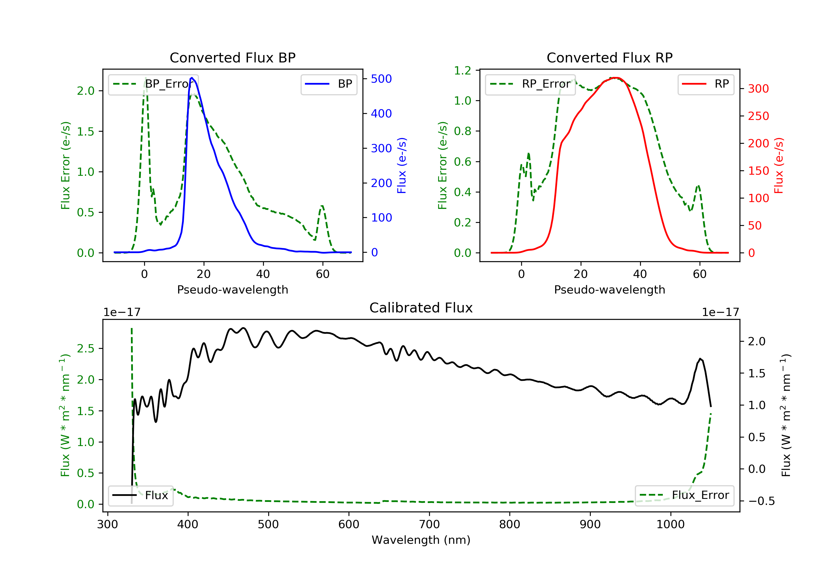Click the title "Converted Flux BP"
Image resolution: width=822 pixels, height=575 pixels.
point(232,58)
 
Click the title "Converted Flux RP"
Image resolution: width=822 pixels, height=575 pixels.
point(609,58)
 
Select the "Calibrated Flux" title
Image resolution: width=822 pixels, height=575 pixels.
point(421,308)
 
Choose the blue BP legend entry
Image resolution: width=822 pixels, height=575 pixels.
point(329,84)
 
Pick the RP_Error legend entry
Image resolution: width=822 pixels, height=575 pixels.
point(530,84)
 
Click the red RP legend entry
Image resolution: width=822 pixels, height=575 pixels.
point(706,84)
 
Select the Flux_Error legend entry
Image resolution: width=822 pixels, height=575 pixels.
point(684,495)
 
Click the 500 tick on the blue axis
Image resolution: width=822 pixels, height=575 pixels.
point(381,79)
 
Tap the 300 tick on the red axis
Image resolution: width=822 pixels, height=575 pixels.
point(758,89)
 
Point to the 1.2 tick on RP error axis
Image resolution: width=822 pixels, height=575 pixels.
point(463,70)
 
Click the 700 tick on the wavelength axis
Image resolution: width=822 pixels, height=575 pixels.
point(429,525)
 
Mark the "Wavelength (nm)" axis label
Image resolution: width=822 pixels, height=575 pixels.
point(421,540)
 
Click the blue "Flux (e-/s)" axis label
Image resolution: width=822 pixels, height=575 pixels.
point(402,166)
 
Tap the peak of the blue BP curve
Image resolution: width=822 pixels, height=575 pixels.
point(192,78)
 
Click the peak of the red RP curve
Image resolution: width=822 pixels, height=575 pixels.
point(615,78)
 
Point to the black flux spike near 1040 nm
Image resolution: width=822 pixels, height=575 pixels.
point(700,358)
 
